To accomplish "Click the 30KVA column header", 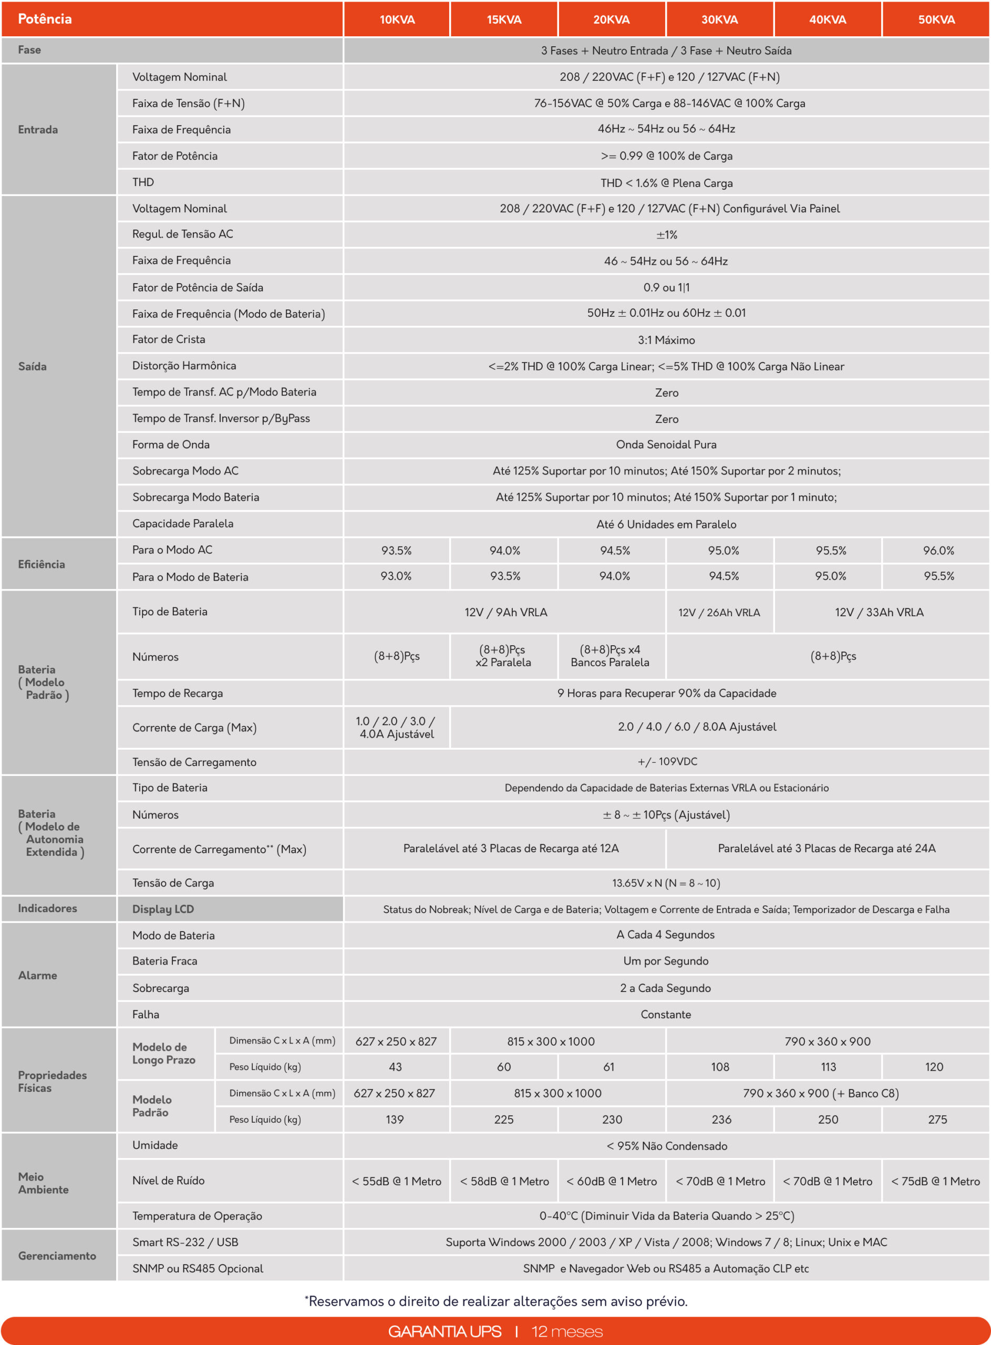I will click(x=719, y=20).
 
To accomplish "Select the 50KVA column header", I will click(x=936, y=20).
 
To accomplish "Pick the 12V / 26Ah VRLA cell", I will click(x=719, y=612).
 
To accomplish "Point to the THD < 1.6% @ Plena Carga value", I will click(x=666, y=183).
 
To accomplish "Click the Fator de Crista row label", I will click(x=169, y=339).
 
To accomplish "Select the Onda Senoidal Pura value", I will click(x=666, y=444).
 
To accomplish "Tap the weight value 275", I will click(x=937, y=1120).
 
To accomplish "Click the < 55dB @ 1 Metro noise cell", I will click(x=397, y=1181).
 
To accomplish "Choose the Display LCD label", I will click(x=163, y=909).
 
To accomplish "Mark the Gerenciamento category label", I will click(x=57, y=1256).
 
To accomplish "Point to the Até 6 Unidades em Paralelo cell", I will click(x=666, y=524).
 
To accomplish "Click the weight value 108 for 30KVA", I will click(x=720, y=1067).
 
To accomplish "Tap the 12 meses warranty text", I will click(x=567, y=1332).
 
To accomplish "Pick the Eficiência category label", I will click(x=42, y=564).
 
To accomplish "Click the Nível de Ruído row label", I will click(x=169, y=1181).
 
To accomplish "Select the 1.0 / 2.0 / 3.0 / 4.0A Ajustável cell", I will click(x=397, y=727).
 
